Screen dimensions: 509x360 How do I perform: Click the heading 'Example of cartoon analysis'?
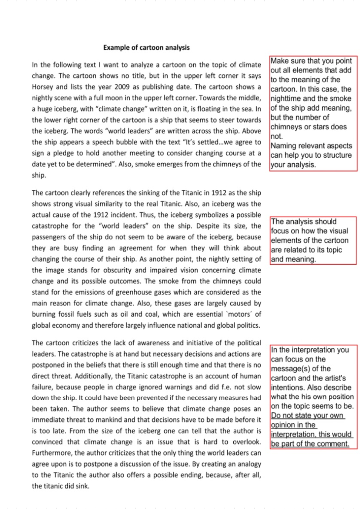(146, 47)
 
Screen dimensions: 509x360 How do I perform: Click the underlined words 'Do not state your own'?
(307, 416)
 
